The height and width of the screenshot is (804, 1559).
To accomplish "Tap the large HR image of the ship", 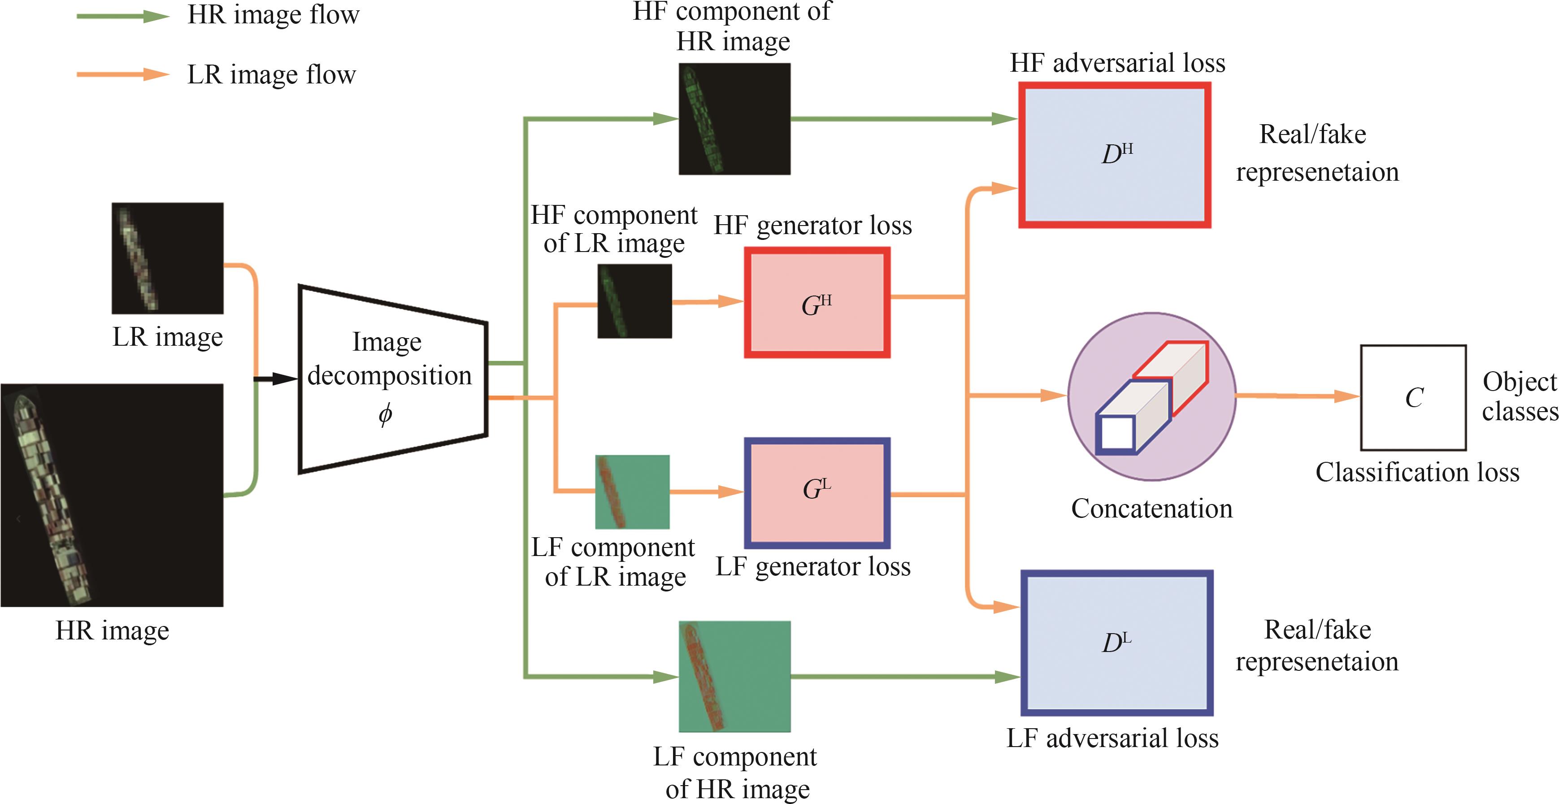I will pyautogui.click(x=112, y=495).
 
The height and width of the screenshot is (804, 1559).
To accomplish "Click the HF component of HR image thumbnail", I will pyautogui.click(x=734, y=119).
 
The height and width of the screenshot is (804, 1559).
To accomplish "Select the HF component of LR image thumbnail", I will pyautogui.click(x=634, y=301).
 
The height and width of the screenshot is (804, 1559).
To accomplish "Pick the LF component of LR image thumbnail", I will pyautogui.click(x=633, y=491).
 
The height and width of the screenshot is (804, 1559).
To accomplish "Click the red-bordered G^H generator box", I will pyautogui.click(x=817, y=302).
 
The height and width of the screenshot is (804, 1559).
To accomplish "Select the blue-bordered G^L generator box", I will pyautogui.click(x=817, y=492).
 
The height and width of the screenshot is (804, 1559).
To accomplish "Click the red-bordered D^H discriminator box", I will pyautogui.click(x=1115, y=155).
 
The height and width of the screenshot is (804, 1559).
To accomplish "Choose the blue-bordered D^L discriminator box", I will pyautogui.click(x=1116, y=643).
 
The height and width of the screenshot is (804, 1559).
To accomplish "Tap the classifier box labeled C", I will pyautogui.click(x=1413, y=398).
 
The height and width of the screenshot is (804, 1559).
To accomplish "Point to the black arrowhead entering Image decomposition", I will pyautogui.click(x=284, y=379).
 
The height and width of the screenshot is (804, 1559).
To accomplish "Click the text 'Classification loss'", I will pyautogui.click(x=1417, y=472).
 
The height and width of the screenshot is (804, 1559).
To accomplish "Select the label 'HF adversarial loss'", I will pyautogui.click(x=1117, y=63).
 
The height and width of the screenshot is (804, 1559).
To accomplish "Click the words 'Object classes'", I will pyautogui.click(x=1519, y=396).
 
